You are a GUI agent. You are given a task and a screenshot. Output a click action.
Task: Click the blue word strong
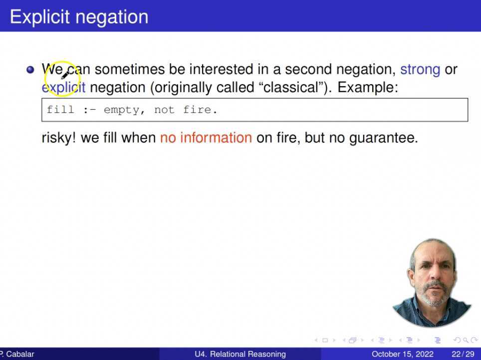click(420, 70)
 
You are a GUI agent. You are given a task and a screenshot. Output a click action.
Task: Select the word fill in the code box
click(60, 110)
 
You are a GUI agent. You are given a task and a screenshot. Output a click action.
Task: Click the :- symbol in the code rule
click(89, 110)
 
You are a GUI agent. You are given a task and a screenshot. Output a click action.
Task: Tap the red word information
click(216, 138)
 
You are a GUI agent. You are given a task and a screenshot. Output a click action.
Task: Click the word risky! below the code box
click(58, 138)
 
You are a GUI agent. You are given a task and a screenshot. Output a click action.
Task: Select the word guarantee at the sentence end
click(383, 138)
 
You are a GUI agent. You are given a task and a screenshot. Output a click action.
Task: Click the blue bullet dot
click(30, 70)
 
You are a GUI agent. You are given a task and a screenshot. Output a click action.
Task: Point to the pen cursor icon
click(66, 74)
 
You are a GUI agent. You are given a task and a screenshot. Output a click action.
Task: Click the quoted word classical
click(291, 87)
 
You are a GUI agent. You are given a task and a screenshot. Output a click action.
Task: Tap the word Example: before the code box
click(368, 88)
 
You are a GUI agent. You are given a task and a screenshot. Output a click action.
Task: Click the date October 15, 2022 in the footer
click(403, 354)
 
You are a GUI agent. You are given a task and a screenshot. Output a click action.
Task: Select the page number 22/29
click(463, 354)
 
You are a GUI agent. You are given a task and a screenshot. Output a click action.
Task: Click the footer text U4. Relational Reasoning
click(240, 354)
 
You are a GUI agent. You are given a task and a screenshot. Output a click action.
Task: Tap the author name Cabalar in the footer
click(20, 354)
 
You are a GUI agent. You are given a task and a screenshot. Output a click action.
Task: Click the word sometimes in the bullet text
click(130, 69)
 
